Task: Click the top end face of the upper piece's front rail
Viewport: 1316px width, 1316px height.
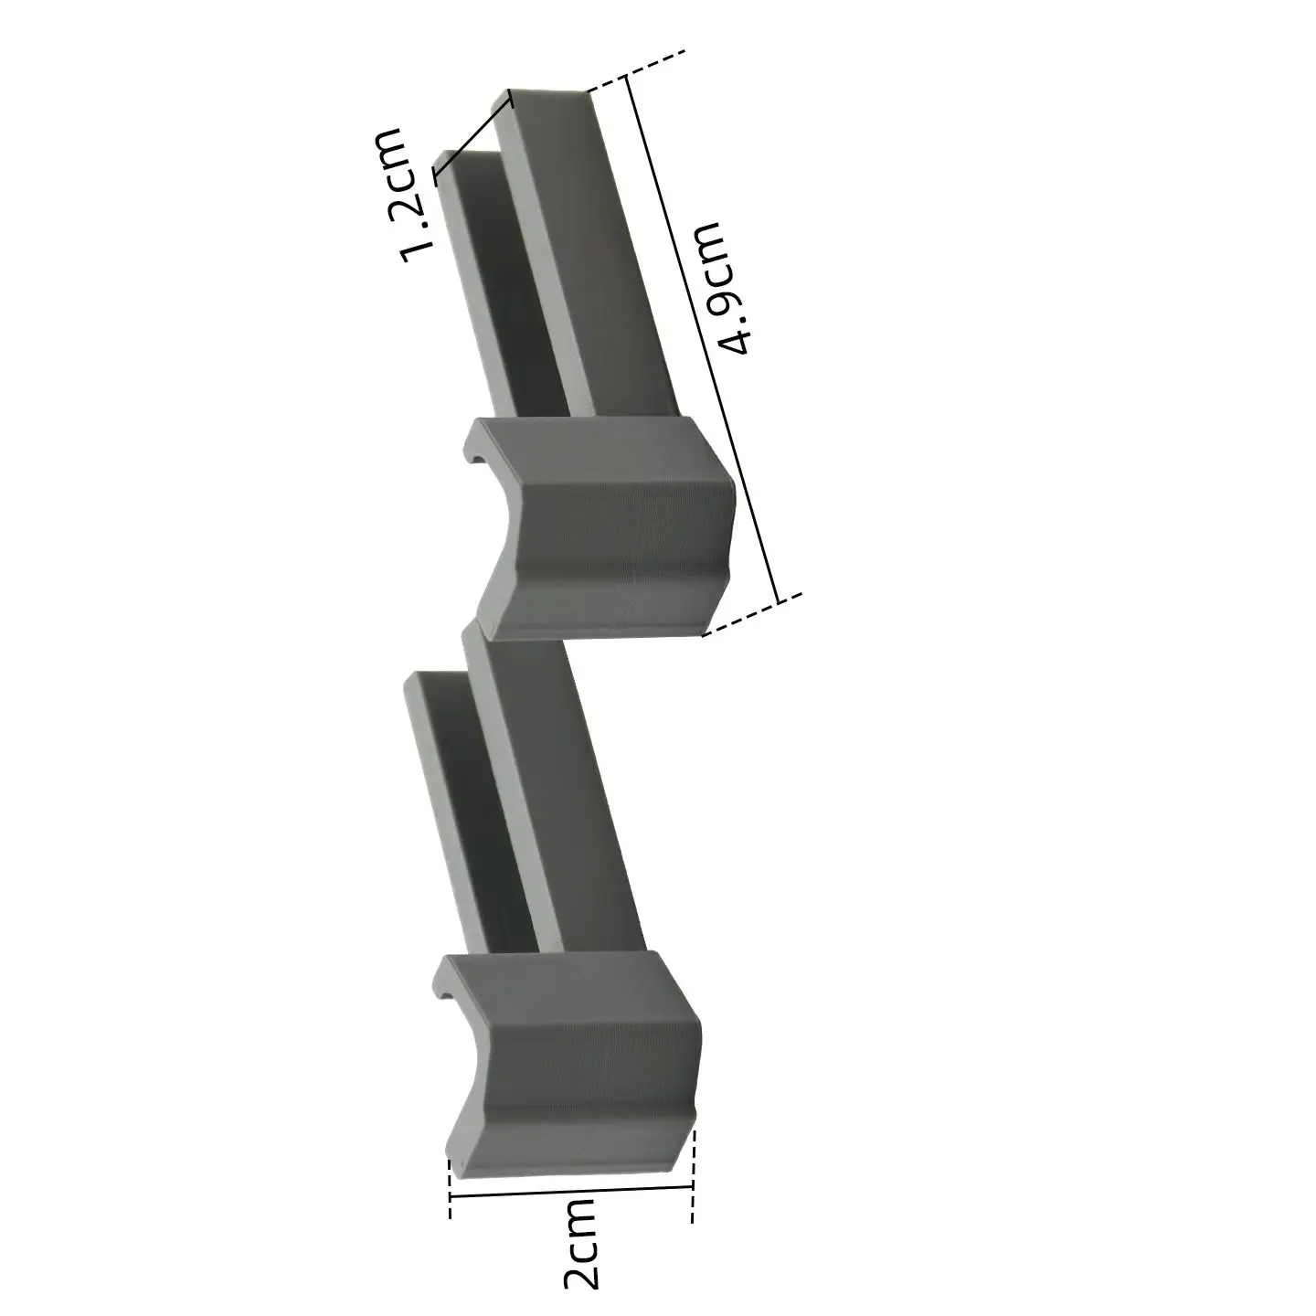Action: pos(547,95)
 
